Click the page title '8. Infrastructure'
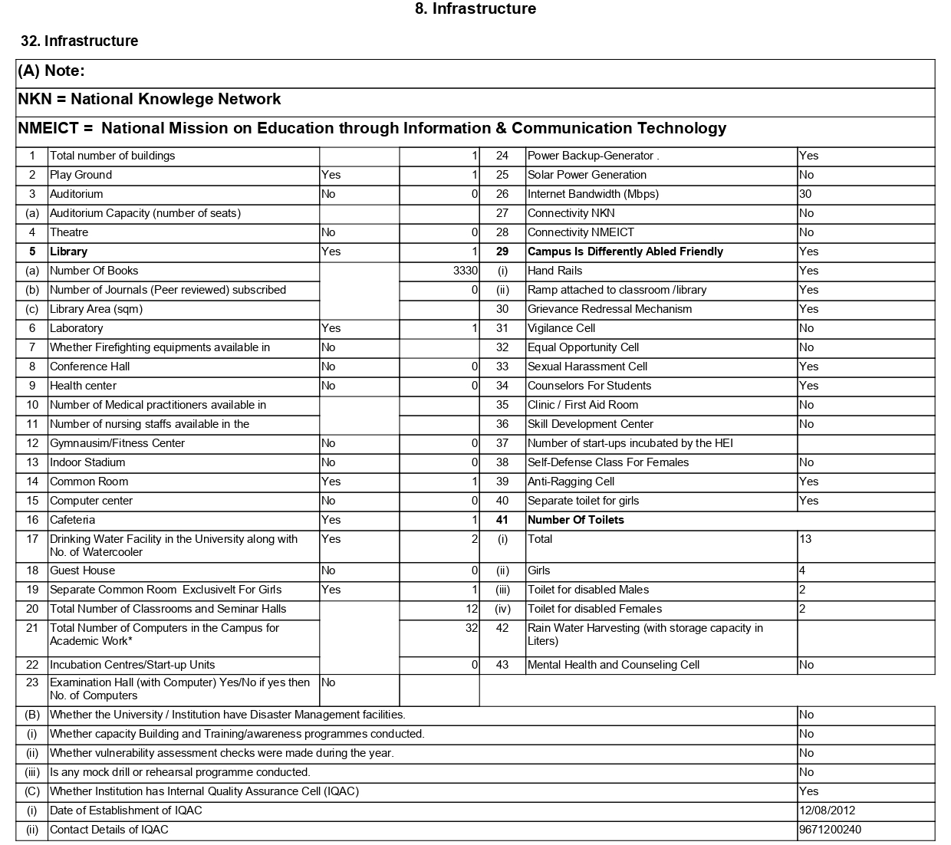[x=475, y=9]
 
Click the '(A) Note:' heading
[x=51, y=71]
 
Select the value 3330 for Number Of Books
[x=465, y=271]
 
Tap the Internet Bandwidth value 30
[x=805, y=194]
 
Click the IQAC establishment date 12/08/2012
[x=827, y=810]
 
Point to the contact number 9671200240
[x=830, y=830]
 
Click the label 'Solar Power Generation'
[x=587, y=175]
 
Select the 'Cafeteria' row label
[x=72, y=520]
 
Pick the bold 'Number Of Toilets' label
[x=575, y=520]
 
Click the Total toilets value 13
[x=805, y=539]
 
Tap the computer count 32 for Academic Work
[x=471, y=628]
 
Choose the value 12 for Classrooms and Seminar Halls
[x=471, y=609]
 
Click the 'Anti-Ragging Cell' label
[x=571, y=482]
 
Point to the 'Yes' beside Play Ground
[x=331, y=175]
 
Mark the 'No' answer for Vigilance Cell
[x=806, y=328]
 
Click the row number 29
[x=502, y=252]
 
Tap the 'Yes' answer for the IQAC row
[x=808, y=791]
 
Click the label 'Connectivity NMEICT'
[x=581, y=232]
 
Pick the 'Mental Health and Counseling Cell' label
[x=614, y=665]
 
